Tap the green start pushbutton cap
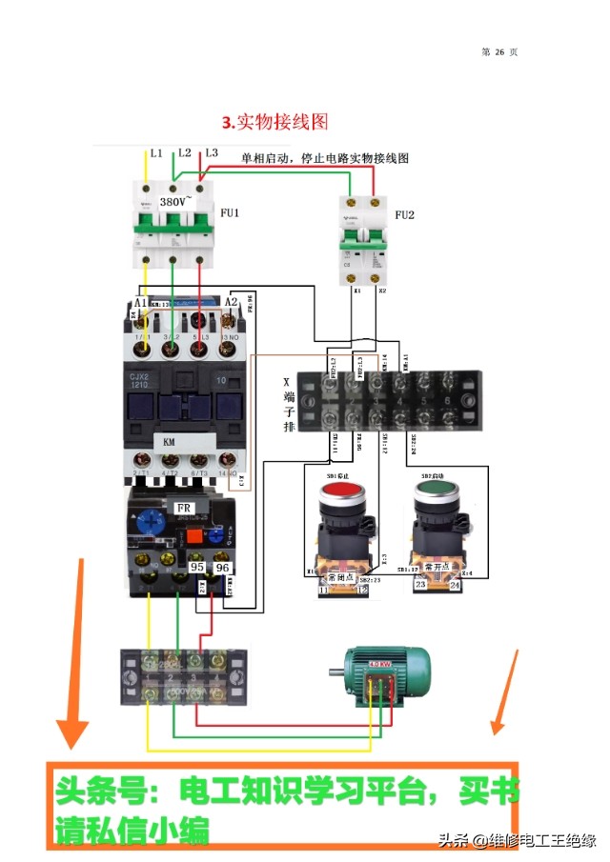coord(435,493)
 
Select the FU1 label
coord(229,213)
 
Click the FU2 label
coord(405,214)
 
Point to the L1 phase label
coord(156,152)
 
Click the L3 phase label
coord(212,152)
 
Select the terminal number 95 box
coord(197,568)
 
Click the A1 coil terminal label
coord(140,303)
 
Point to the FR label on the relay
coord(184,505)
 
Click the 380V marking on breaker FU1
coord(175,202)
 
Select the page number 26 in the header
coord(498,51)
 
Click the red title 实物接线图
coord(275,122)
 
